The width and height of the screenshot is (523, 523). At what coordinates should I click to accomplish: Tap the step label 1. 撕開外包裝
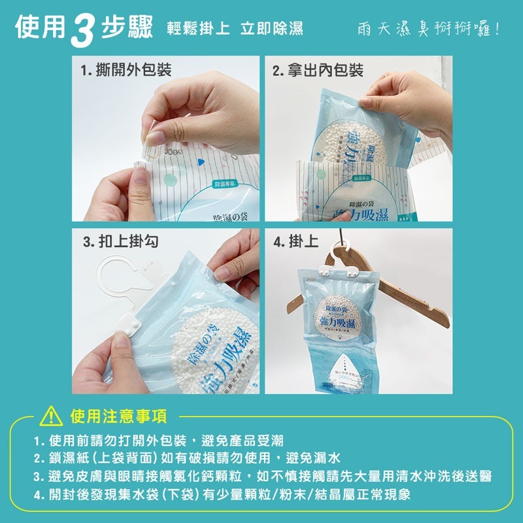click(x=126, y=70)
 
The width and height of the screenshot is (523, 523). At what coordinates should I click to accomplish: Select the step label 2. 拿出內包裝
click(x=318, y=70)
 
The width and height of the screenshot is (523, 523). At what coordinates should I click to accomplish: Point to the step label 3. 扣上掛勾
click(x=120, y=242)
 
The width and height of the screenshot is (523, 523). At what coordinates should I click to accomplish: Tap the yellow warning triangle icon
click(x=51, y=416)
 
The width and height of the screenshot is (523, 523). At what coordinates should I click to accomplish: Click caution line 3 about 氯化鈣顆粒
click(x=261, y=476)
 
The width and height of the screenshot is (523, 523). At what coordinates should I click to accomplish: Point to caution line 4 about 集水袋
click(x=222, y=495)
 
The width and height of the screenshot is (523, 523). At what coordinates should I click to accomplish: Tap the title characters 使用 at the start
click(x=41, y=29)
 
